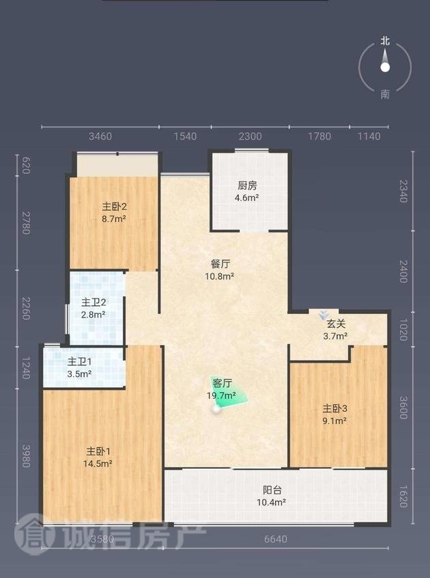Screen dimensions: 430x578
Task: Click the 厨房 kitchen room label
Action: click(247, 185)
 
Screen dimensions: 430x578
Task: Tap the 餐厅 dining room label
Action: click(220, 264)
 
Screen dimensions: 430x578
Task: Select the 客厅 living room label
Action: click(223, 383)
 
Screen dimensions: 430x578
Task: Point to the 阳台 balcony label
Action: click(272, 490)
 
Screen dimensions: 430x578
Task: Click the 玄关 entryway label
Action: click(336, 324)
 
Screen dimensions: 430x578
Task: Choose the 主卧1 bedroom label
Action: click(98, 451)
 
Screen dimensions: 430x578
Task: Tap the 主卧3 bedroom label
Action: click(335, 408)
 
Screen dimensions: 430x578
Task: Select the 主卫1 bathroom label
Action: click(79, 362)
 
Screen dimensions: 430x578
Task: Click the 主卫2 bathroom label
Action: click(94, 303)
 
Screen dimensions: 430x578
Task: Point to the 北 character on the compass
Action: click(386, 41)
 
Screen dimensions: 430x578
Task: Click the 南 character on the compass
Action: click(386, 95)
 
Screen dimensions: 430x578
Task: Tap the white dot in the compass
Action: click(386, 67)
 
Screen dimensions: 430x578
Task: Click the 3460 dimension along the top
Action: click(100, 136)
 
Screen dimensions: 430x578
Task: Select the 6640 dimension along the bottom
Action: click(276, 539)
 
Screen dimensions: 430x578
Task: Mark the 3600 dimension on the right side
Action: click(403, 408)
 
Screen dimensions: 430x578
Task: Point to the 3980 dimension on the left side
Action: click(26, 456)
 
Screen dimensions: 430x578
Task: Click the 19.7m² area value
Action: click(221, 396)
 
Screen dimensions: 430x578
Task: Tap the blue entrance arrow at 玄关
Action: click(324, 315)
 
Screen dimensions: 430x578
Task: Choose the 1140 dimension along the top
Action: click(369, 136)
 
